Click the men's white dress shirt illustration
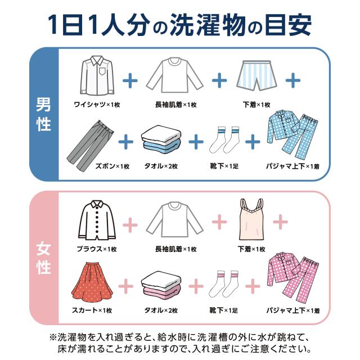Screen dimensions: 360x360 pos(96,77)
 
